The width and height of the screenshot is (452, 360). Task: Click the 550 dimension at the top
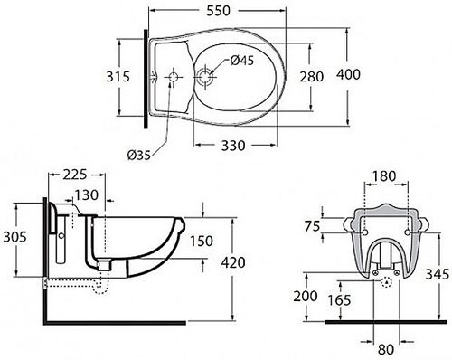pos(219,11)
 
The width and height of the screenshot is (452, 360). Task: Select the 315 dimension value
pos(118,77)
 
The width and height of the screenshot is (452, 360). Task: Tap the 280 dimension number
pos(311,77)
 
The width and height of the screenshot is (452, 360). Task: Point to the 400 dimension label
pos(348,74)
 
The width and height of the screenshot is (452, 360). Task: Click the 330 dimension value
pos(233,146)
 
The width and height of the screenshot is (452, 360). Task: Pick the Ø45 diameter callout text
pos(242,61)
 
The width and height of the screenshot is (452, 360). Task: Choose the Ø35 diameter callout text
pos(138,156)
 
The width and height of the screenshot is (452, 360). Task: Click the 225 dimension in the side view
pos(74,175)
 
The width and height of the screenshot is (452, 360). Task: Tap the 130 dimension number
pos(86,195)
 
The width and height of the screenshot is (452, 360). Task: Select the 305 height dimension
pos(14,237)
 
